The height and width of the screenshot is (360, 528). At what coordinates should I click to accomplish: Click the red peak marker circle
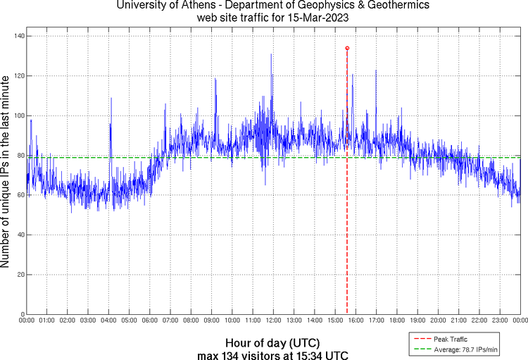coord(347,48)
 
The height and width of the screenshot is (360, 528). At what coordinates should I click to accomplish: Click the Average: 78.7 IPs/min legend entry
coord(457,348)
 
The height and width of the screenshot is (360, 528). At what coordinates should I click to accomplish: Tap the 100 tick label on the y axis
coord(18,116)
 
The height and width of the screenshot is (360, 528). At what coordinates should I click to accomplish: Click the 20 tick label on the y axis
coord(20,275)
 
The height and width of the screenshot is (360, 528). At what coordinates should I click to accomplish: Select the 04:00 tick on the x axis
coord(109,321)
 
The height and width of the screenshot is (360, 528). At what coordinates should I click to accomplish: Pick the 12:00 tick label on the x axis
coord(273,321)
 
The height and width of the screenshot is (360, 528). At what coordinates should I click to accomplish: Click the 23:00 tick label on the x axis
coord(499,321)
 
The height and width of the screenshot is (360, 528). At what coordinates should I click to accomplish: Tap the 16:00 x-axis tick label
coord(356,321)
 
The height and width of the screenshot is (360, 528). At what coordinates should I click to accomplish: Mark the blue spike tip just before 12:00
coord(271,54)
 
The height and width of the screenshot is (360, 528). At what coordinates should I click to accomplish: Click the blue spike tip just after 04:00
coord(111,98)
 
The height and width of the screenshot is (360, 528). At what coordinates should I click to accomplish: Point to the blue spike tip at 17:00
coord(376,70)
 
